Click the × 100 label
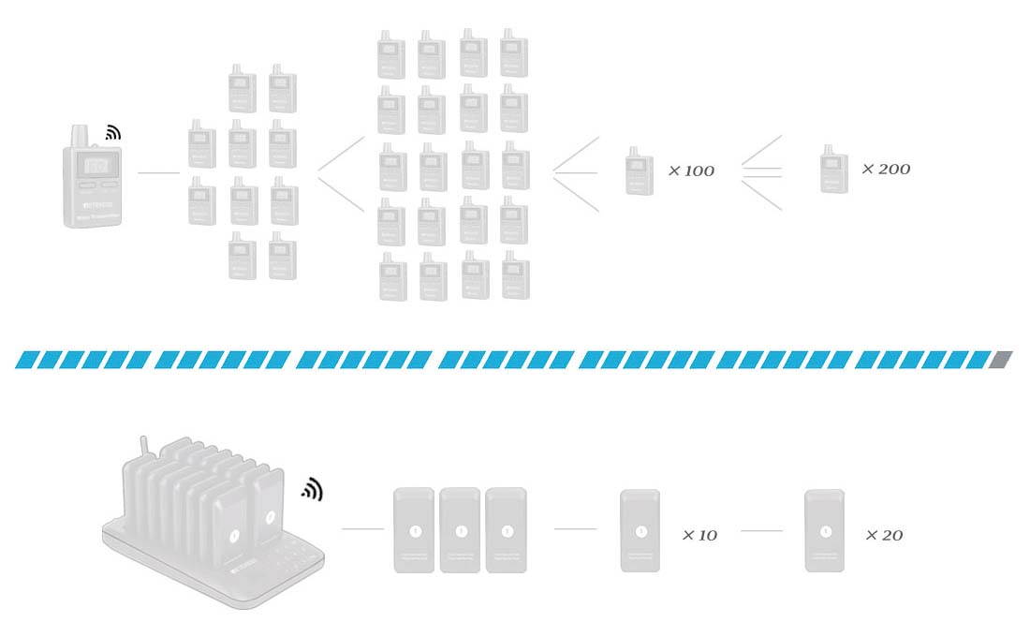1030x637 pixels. pyautogui.click(x=691, y=171)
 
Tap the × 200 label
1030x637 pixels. pyautogui.click(x=886, y=170)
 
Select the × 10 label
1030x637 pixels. pyautogui.click(x=699, y=536)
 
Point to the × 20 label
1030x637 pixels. pyautogui.click(x=885, y=536)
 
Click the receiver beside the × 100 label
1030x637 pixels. pyautogui.click(x=640, y=170)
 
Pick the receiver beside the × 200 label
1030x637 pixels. pyautogui.click(x=834, y=169)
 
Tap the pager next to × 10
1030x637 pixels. pyautogui.click(x=640, y=531)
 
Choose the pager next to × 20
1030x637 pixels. pyautogui.click(x=825, y=531)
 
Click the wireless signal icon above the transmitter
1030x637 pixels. pyautogui.click(x=113, y=133)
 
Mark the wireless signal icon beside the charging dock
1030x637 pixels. pyautogui.click(x=311, y=489)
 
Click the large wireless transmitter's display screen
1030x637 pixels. pyautogui.click(x=95, y=165)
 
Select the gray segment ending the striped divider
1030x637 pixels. pyautogui.click(x=1001, y=360)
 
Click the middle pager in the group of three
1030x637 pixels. pyautogui.click(x=461, y=530)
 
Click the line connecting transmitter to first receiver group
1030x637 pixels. pyautogui.click(x=158, y=173)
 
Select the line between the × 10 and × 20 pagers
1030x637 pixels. pyautogui.click(x=761, y=531)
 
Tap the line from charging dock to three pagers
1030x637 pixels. pyautogui.click(x=362, y=529)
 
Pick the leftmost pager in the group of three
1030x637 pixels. pyautogui.click(x=414, y=530)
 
